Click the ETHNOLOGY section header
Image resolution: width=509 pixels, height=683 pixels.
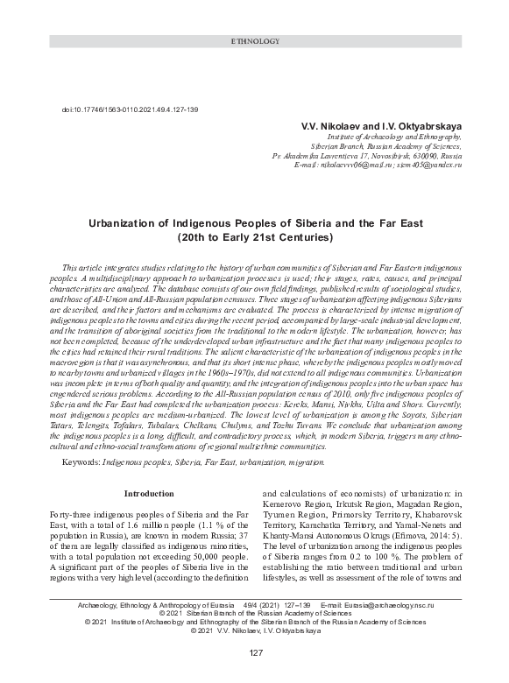tap(254, 41)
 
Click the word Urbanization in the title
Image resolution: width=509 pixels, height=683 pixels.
tap(130, 224)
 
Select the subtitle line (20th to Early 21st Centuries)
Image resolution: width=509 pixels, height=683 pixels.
tap(254, 237)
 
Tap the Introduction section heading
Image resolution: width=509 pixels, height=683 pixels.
tap(149, 494)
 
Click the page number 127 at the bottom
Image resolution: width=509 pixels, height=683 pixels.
tap(255, 653)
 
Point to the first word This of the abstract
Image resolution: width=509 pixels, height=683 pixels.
tap(71, 264)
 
